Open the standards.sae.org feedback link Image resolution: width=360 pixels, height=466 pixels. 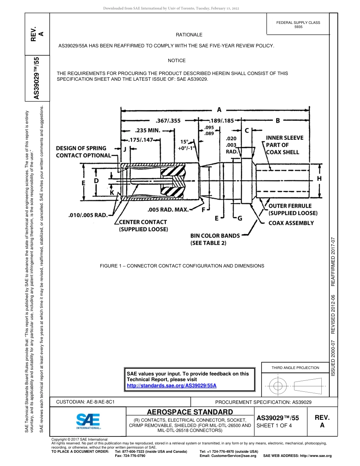(171, 385)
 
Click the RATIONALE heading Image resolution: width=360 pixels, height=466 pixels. (189, 35)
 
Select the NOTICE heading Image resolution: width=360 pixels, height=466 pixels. (177, 61)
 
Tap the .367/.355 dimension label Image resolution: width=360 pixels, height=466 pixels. (168, 121)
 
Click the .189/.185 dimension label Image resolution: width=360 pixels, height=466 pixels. (222, 121)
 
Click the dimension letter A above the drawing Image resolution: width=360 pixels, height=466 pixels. (219, 110)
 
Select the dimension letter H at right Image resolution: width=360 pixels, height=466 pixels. (319, 178)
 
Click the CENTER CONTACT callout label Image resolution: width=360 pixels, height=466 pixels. (143, 225)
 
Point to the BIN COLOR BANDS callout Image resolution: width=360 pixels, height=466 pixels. (215, 239)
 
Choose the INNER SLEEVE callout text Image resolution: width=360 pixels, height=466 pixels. (284, 145)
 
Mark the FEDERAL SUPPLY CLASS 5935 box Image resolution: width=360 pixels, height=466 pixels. (298, 25)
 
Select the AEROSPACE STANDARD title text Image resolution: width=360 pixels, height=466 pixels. (189, 412)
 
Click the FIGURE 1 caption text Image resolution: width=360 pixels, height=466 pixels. (182, 266)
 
